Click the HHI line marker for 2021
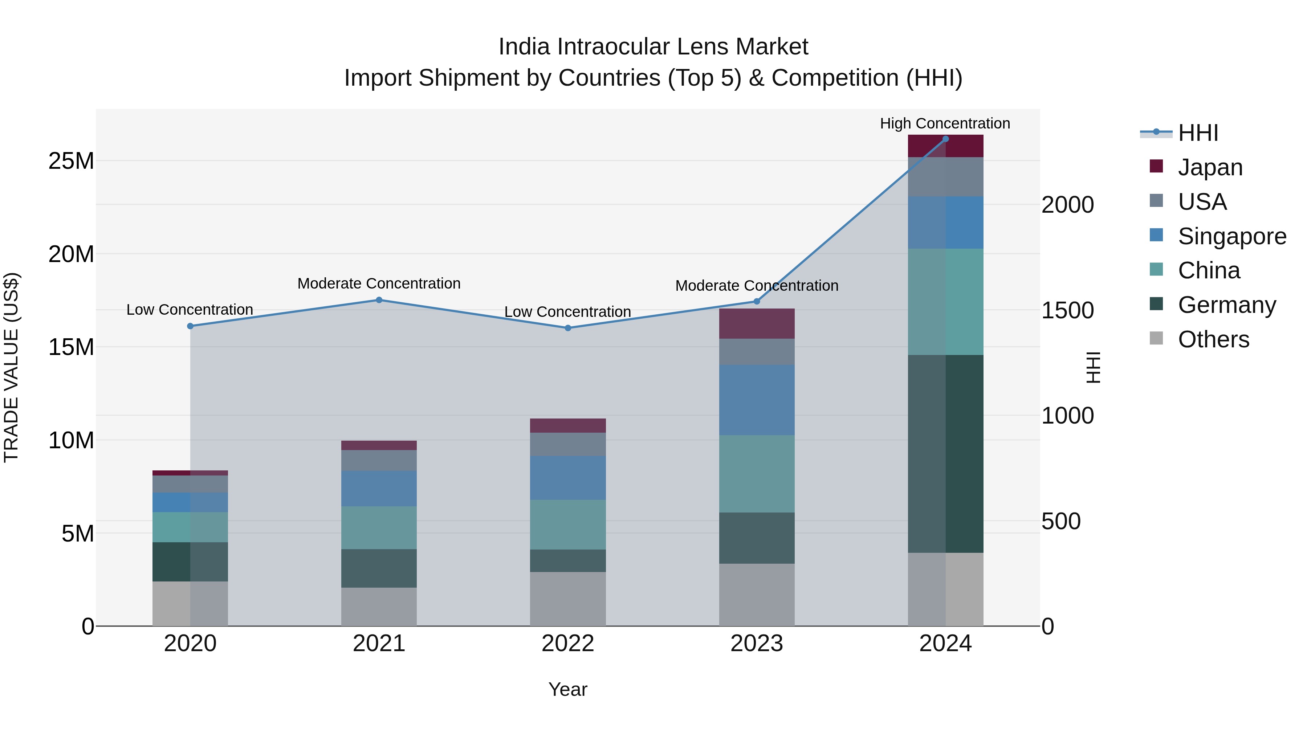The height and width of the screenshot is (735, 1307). click(379, 300)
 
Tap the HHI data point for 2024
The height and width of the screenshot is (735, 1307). click(945, 139)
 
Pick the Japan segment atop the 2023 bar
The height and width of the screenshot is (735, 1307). click(757, 324)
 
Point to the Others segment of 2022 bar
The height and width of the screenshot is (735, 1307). click(568, 599)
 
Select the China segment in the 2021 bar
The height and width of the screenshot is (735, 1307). click(379, 527)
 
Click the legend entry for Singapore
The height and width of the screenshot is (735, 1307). click(1231, 236)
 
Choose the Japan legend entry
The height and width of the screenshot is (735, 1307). click(1210, 167)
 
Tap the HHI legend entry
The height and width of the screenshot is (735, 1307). click(1197, 133)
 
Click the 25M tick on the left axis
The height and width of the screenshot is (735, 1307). click(71, 161)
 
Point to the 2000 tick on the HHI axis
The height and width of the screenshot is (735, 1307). click(1067, 205)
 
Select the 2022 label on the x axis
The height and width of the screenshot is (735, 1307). click(568, 644)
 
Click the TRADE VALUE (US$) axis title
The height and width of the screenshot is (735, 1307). click(11, 367)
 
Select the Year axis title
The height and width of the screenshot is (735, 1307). click(568, 689)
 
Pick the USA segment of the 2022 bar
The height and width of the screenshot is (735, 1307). click(568, 444)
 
